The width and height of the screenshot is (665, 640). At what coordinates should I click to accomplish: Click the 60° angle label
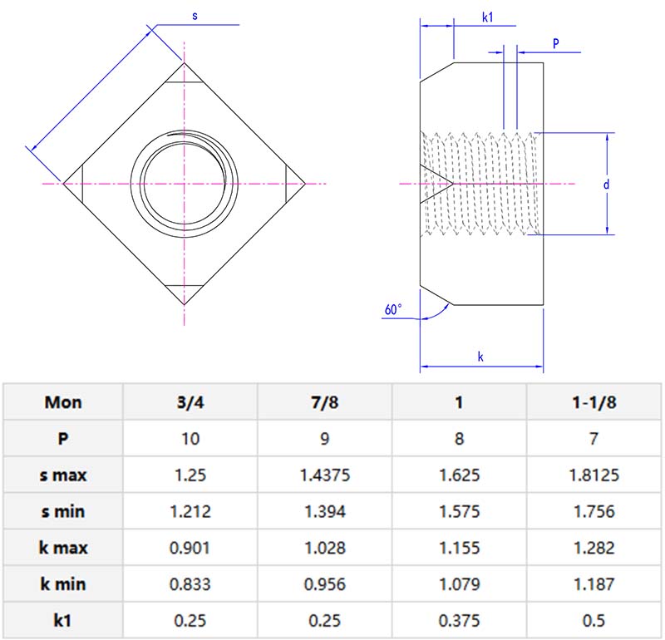[392, 309]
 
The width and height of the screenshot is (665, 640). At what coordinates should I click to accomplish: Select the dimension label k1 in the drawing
[488, 16]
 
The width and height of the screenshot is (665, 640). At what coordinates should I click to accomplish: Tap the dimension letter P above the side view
[555, 42]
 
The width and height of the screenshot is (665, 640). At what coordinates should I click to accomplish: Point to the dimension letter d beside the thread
[607, 185]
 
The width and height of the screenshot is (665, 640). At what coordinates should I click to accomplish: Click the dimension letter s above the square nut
[195, 16]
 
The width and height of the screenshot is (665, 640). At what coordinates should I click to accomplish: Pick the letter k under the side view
[480, 357]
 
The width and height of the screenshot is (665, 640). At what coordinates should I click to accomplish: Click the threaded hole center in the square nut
[184, 183]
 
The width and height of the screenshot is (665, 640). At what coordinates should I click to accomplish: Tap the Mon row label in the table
[63, 402]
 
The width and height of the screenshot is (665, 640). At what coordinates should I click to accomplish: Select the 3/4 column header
[190, 402]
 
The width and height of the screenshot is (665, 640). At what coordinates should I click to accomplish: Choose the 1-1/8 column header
[594, 402]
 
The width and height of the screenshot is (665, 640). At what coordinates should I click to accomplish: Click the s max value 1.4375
[324, 475]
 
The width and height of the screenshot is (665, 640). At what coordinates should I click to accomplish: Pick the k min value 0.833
[190, 584]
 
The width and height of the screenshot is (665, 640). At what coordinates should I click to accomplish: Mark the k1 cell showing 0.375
[459, 621]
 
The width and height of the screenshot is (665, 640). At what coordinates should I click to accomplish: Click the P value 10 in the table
[190, 439]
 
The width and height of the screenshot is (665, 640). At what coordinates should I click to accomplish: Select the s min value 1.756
[594, 512]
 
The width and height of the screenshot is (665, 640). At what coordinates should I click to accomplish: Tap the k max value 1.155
[459, 548]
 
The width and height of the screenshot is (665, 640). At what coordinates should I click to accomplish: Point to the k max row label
[63, 548]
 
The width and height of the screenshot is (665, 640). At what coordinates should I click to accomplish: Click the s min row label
[63, 512]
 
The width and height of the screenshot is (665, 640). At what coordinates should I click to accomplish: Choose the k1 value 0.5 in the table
[594, 621]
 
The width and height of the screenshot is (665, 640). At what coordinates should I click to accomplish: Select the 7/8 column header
[324, 402]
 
